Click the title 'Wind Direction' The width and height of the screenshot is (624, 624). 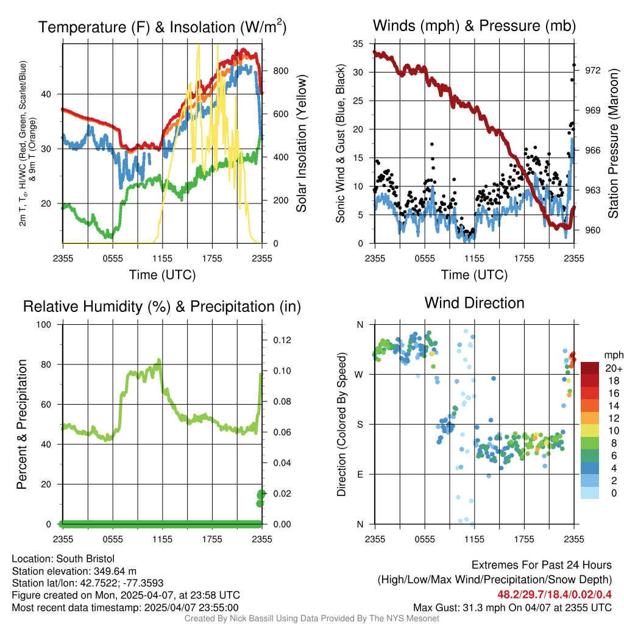coord(474,303)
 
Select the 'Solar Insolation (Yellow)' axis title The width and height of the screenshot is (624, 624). coord(301,144)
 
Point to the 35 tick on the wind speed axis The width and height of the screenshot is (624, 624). coord(358,43)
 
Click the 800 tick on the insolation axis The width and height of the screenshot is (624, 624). coord(280,71)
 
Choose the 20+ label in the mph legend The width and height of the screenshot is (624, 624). coord(613,368)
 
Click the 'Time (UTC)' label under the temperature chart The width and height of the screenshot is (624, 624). coord(162,275)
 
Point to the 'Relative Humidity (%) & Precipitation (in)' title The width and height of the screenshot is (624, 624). coord(162,307)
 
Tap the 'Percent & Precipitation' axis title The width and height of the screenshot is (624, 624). coord(22,424)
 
